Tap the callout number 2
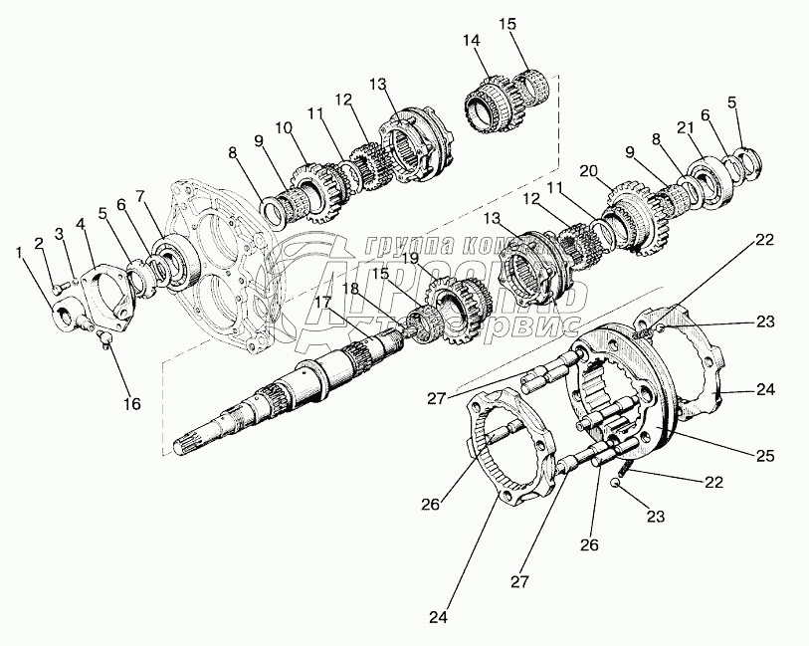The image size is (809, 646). click(x=41, y=243)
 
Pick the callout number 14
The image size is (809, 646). click(x=471, y=40)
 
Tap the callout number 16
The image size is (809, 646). click(x=132, y=403)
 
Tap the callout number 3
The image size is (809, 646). click(x=60, y=233)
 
